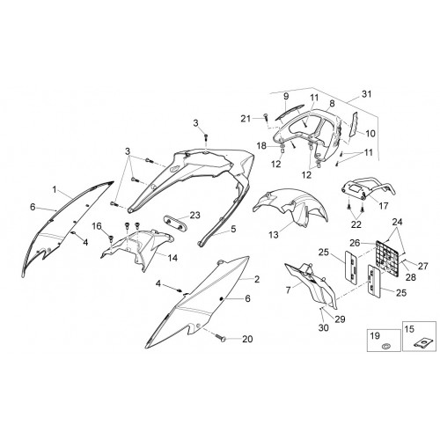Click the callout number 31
click(366, 94)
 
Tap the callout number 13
click(274, 235)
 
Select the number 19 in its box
click(375, 335)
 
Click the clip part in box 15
click(422, 343)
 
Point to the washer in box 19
click(385, 346)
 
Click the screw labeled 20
click(221, 338)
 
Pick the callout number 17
click(384, 206)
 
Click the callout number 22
click(356, 224)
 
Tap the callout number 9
click(286, 96)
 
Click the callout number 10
click(370, 134)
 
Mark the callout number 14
click(172, 258)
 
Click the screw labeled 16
click(111, 238)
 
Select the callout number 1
click(55, 189)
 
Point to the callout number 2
click(257, 279)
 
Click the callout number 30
click(324, 327)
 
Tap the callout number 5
click(233, 229)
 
